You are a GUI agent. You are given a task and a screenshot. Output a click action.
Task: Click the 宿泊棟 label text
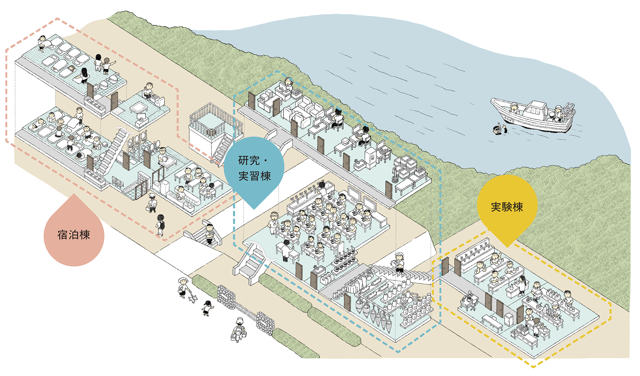[74, 235]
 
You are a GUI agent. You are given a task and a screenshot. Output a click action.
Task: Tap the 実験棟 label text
[507, 207]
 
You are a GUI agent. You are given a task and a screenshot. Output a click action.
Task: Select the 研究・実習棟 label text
[254, 168]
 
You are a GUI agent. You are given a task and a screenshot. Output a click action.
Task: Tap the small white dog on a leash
[193, 298]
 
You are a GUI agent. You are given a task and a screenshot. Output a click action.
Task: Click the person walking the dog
[183, 286]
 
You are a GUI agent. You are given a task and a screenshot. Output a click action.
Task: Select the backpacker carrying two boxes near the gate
[239, 329]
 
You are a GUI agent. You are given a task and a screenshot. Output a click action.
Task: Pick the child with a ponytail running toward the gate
[207, 307]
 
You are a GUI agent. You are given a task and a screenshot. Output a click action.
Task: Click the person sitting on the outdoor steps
[210, 234]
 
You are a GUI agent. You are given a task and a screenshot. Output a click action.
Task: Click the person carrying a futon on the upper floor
[43, 42]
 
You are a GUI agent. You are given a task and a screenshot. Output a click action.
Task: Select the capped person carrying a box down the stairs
[399, 262]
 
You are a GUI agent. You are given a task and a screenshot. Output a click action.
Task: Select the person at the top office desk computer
[289, 84]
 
